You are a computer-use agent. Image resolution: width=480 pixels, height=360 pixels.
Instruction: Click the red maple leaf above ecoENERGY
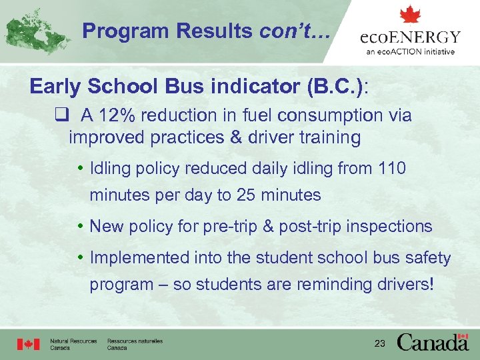click(x=410, y=15)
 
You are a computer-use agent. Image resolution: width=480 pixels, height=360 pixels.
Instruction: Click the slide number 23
click(x=381, y=343)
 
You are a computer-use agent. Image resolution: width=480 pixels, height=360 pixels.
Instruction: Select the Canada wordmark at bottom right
click(x=433, y=342)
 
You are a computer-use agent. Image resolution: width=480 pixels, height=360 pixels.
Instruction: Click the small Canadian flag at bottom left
click(x=29, y=344)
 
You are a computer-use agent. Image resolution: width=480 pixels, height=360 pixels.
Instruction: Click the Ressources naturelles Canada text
click(x=135, y=344)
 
